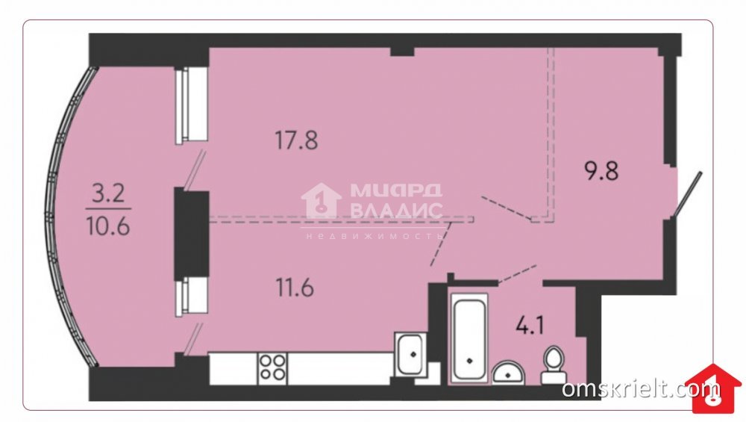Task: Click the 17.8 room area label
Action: coord(296,140)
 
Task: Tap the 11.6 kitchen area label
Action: coord(295,288)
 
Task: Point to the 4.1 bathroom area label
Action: coord(530,326)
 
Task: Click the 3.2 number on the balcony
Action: coord(108,194)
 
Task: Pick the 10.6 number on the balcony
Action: coord(108,226)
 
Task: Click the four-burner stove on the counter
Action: coord(272,367)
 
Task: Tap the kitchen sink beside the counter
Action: coord(410,354)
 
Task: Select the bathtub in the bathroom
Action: coord(469,338)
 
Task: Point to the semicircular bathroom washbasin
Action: coord(508,372)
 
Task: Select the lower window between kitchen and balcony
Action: coord(192,297)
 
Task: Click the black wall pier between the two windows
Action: coord(192,235)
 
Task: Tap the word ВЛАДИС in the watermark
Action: coord(396,210)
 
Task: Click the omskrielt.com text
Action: coord(640,388)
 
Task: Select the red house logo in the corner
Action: coord(716,388)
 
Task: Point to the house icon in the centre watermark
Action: coord(322,202)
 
